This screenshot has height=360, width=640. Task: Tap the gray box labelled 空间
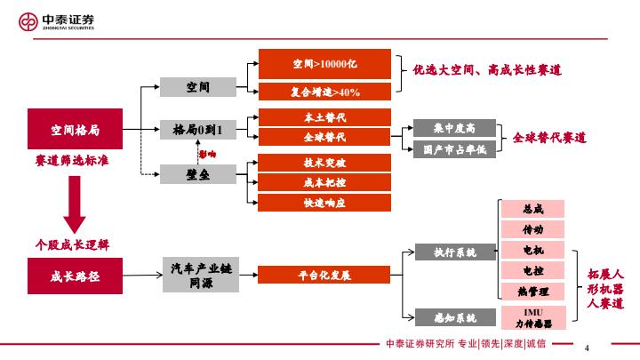click(197, 87)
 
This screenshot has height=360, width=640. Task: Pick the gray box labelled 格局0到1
click(197, 131)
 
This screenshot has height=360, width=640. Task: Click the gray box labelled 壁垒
click(197, 174)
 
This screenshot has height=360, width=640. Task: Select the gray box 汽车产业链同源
click(200, 276)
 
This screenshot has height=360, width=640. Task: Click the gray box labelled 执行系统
click(454, 252)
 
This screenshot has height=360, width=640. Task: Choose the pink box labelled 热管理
click(533, 291)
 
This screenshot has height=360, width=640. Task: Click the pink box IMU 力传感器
click(533, 317)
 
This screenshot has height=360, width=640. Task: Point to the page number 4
click(588, 345)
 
